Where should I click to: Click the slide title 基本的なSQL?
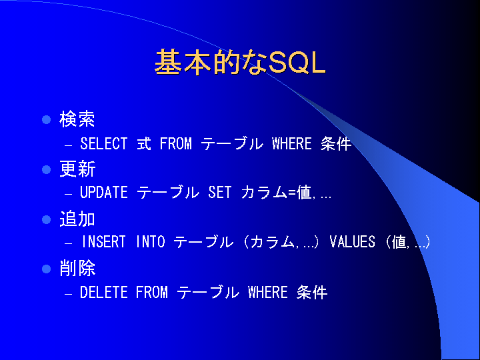240,62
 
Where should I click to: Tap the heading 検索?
77,119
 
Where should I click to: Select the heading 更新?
77,169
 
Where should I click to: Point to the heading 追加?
77,219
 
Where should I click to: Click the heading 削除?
77,269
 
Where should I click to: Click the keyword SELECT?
104,143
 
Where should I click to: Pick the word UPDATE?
104,193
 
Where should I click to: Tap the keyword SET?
220,193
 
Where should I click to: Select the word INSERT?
104,242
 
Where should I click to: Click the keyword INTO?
150,242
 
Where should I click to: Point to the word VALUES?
353,242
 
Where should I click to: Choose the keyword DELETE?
104,292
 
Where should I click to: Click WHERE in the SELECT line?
292,143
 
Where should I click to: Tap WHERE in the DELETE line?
268,292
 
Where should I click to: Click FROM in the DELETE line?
152,292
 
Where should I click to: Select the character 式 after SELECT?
144,143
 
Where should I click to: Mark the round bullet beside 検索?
46,119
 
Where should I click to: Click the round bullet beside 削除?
46,269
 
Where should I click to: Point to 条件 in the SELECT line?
336,143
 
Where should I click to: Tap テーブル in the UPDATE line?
168,193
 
